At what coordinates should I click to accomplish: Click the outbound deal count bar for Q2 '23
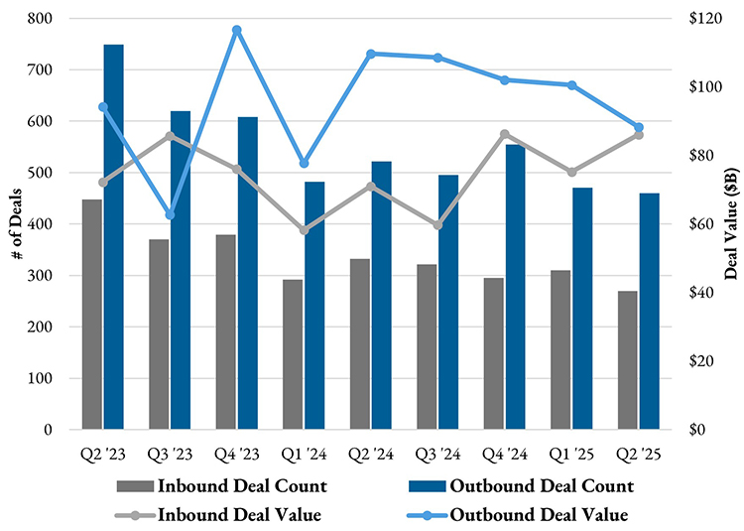pyautogui.click(x=113, y=238)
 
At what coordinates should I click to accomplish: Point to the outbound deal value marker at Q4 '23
pyautogui.click(x=236, y=30)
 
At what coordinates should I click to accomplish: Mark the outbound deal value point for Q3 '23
pyautogui.click(x=170, y=214)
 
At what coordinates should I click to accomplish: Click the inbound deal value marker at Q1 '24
pyautogui.click(x=304, y=230)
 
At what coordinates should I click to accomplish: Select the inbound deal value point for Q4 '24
pyautogui.click(x=504, y=134)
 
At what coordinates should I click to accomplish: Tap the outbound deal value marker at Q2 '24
pyautogui.click(x=370, y=54)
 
